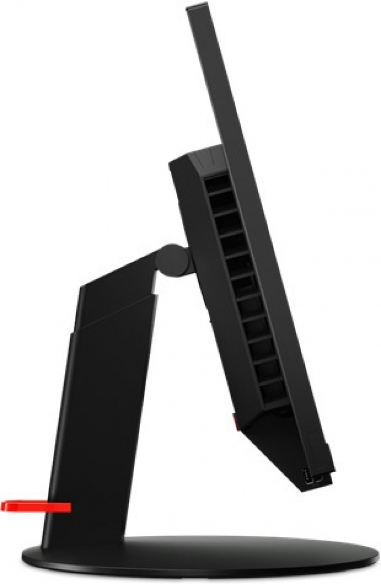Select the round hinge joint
pyautogui.click(x=172, y=260)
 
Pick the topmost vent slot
pyautogui.click(x=217, y=183)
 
